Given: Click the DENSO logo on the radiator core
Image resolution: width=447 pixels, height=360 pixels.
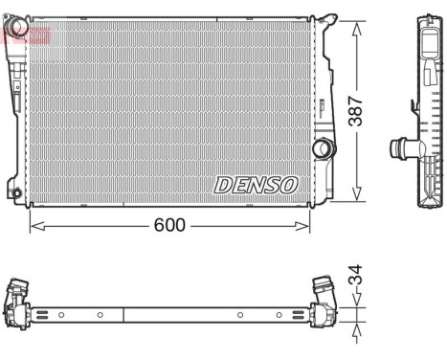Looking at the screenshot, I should pyautogui.click(x=256, y=184).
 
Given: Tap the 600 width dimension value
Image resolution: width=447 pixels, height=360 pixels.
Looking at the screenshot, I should pyautogui.click(x=168, y=226).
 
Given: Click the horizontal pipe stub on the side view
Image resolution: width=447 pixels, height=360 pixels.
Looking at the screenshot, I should pyautogui.click(x=397, y=149).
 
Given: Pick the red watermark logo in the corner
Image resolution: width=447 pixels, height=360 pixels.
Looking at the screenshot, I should pyautogui.click(x=25, y=34).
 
